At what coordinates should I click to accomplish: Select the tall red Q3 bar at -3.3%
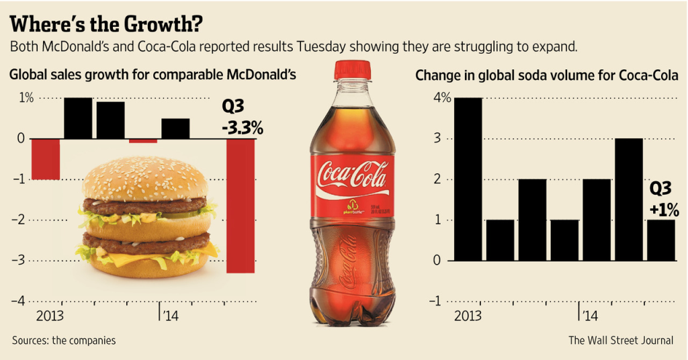pos(240,205)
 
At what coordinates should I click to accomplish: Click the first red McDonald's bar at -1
pos(46,159)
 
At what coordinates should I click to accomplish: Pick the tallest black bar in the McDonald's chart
pos(78,118)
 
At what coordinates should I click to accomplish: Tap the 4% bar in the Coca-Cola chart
pos(468,179)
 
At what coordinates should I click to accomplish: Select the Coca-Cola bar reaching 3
pos(628,199)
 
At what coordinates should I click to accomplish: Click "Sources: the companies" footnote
pos(64,341)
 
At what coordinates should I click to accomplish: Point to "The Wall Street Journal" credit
pos(620,341)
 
